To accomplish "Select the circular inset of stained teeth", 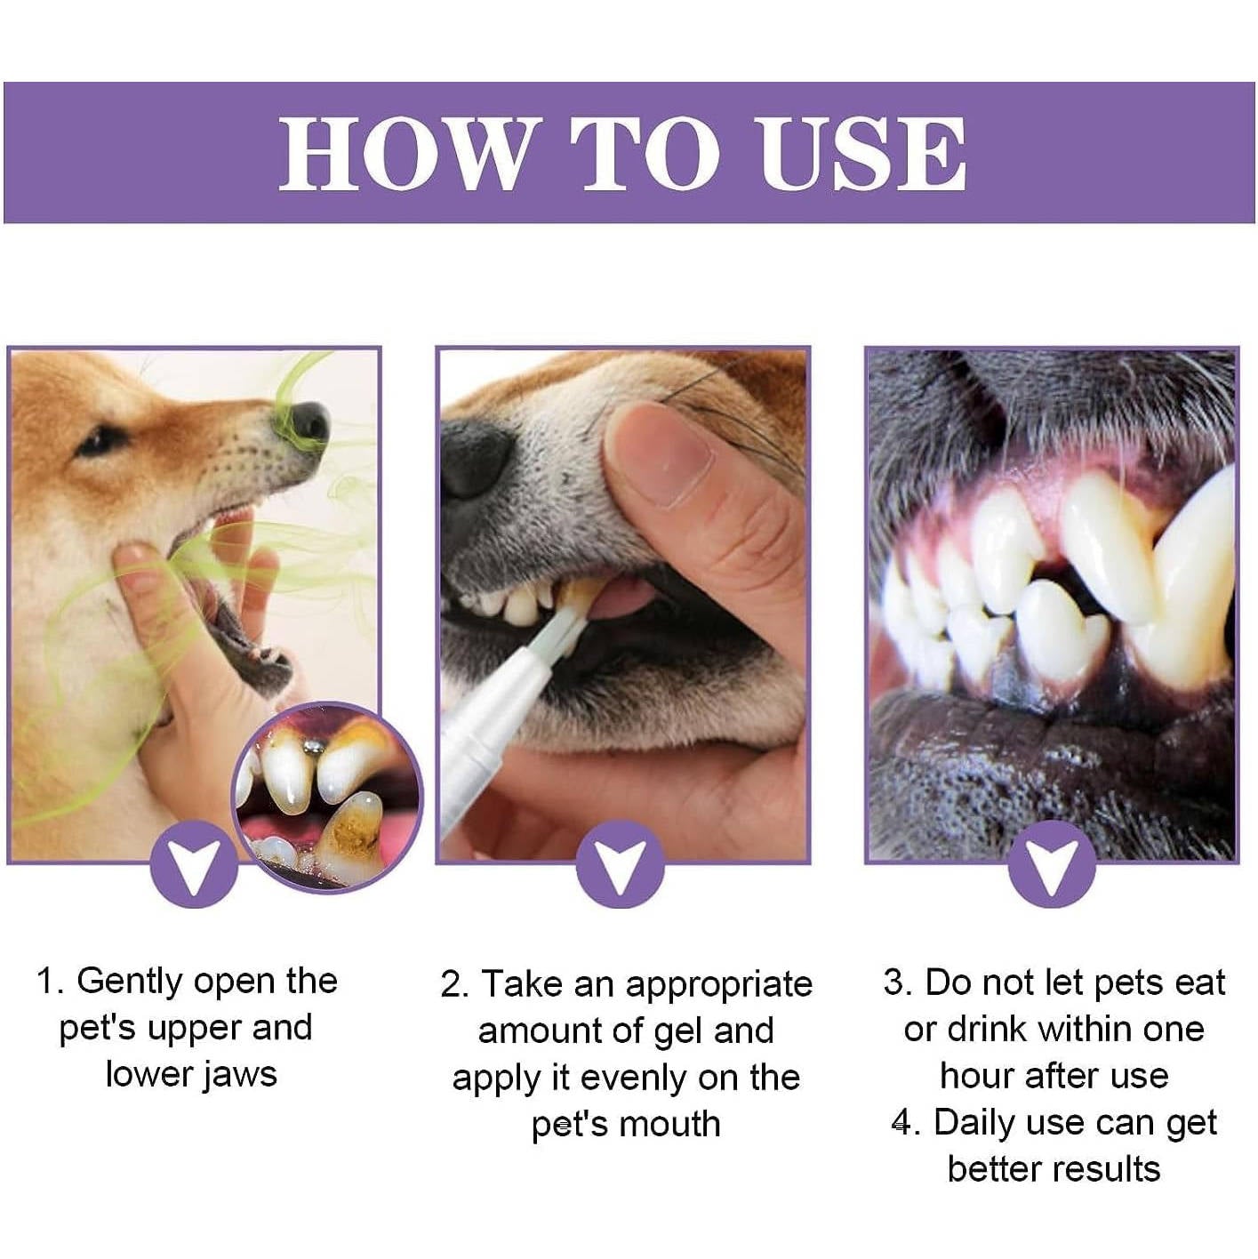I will pyautogui.click(x=327, y=797).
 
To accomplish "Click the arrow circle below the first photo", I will pyautogui.click(x=195, y=864).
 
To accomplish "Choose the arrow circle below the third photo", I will pyautogui.click(x=1051, y=864).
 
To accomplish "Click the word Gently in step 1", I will pyautogui.click(x=130, y=981).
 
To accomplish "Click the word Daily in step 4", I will pyautogui.click(x=974, y=1122).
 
